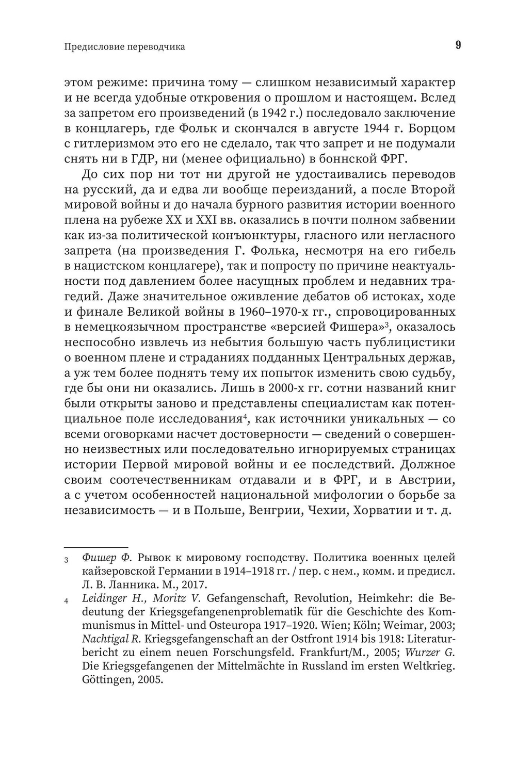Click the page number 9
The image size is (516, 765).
(x=458, y=45)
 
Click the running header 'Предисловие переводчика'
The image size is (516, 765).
(x=124, y=47)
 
